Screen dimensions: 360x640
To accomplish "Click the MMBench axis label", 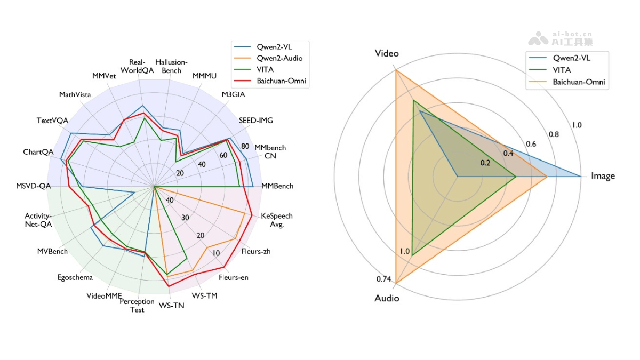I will pos(277,186).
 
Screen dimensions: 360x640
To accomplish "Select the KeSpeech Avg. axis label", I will pos(276,220).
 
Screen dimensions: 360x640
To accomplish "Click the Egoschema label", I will pos(75,277).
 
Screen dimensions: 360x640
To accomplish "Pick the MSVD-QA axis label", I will pos(34,186).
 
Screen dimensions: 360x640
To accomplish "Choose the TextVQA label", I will pos(52,120).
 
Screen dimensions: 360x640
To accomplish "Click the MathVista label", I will pos(75,94).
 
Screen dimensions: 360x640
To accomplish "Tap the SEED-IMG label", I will pos(255,120).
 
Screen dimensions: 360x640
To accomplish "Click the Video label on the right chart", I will pos(387,53).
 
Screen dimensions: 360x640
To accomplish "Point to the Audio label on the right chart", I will pos(387,298).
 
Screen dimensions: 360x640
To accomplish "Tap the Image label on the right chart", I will pos(603,176).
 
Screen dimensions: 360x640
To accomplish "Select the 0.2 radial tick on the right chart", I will pos(484,163).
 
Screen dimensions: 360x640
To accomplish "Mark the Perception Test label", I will pos(137,306).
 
